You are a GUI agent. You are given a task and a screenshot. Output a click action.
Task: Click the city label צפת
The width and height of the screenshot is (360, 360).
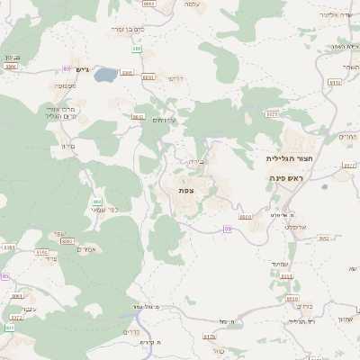point(186,190)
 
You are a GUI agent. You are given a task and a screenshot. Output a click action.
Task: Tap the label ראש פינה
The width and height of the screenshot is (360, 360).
point(289,179)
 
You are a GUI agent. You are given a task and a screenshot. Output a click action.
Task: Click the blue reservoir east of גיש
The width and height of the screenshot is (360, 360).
point(105,74)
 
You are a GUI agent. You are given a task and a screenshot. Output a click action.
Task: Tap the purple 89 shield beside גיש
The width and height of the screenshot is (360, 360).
point(66,68)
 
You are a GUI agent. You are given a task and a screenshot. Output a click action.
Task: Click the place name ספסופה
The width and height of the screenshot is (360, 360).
point(64,86)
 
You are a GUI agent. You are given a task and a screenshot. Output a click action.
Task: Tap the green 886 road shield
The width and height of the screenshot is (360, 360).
point(136,48)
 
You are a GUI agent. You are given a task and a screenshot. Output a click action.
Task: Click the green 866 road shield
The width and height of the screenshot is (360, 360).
point(96,202)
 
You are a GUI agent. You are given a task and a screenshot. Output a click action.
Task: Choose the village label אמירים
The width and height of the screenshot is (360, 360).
point(87,249)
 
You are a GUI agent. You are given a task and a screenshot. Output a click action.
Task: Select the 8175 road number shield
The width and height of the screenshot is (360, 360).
point(272,113)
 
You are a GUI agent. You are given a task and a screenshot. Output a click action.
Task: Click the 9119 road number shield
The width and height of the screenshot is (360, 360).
point(335,82)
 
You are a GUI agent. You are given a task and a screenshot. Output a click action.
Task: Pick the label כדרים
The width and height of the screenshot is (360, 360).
point(129,332)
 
